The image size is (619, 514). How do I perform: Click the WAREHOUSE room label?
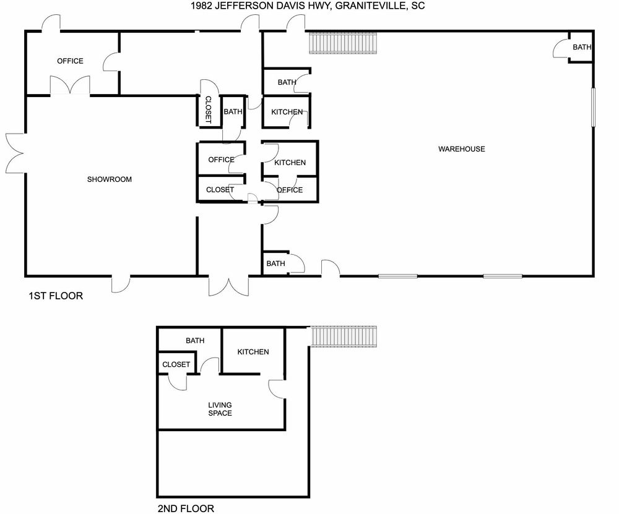coord(462,149)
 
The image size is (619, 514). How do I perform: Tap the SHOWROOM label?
coord(110,179)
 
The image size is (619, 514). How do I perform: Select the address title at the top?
coord(308,6)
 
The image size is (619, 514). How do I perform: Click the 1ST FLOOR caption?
coord(56,296)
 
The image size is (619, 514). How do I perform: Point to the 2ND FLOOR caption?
coord(186,509)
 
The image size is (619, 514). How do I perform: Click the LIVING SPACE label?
coord(220,409)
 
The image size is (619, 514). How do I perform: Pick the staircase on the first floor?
coord(343,43)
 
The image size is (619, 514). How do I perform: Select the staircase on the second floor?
coord(344,336)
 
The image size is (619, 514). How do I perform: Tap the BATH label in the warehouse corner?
coord(582,48)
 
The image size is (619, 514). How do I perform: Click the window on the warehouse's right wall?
coord(593,107)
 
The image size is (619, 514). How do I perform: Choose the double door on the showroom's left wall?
coord(15,153)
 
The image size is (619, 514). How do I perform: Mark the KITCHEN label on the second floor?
coord(253,352)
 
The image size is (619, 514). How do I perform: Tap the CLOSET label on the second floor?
coord(176,364)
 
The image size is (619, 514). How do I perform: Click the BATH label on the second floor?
coord(195,340)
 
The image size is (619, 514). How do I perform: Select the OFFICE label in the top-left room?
coord(71,61)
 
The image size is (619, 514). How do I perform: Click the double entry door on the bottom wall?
coord(229,286)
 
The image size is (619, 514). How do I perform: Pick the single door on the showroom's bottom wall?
coord(121,284)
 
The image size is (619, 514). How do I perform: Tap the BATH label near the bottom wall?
coord(275,263)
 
